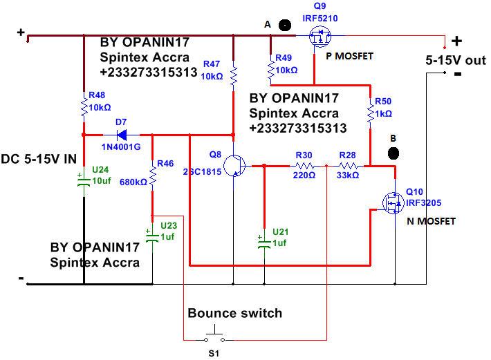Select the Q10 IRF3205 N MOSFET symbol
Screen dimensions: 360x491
click(x=393, y=201)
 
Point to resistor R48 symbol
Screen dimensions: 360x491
click(x=83, y=108)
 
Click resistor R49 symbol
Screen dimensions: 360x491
click(x=270, y=69)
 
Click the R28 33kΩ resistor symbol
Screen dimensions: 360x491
click(x=348, y=166)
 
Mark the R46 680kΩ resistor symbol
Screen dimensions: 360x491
click(x=152, y=178)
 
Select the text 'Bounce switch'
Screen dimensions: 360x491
click(x=234, y=313)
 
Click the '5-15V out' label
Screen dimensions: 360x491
click(x=455, y=60)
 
